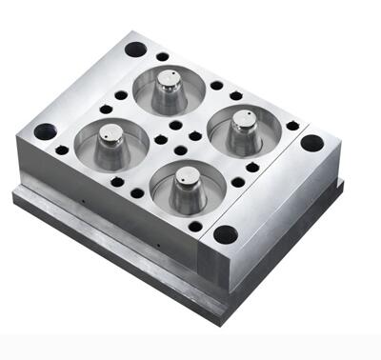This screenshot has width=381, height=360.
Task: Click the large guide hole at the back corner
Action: tap(135, 49)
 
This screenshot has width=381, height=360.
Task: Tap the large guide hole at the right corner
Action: tap(311, 143)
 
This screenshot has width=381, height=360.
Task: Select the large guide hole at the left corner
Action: tap(45, 131)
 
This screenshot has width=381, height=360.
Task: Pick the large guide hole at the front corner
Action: tap(226, 233)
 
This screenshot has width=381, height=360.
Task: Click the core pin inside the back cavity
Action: tap(170, 88)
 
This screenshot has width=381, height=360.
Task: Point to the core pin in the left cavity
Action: tap(111, 140)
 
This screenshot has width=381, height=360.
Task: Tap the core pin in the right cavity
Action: tap(244, 129)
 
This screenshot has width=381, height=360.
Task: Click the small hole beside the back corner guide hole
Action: tap(163, 56)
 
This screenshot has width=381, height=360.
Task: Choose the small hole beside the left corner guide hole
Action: tap(62, 150)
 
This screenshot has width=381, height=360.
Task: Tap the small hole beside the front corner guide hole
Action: tap(195, 227)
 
